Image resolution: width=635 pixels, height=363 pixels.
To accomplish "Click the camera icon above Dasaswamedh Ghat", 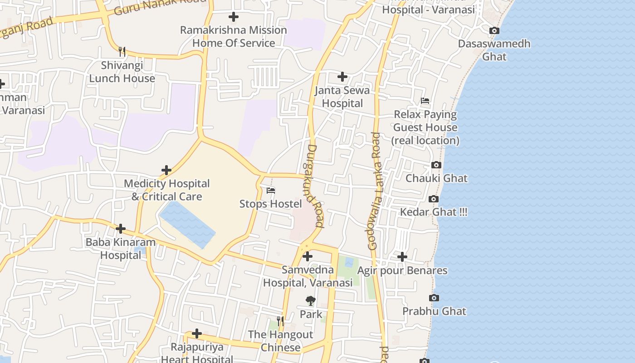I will [x=494, y=31].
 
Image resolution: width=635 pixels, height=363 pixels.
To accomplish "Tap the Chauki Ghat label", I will [x=436, y=178].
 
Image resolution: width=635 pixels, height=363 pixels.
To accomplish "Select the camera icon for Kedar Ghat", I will [x=433, y=199].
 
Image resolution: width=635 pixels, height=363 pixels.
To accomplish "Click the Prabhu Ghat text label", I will [x=434, y=311].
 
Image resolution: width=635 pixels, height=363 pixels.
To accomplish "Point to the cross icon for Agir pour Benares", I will [x=402, y=257].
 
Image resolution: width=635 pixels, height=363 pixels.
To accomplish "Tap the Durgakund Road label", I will [x=314, y=186].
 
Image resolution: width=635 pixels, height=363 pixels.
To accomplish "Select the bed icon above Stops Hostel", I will [x=271, y=191].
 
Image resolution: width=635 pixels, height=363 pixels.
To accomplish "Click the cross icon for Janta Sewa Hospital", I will [x=342, y=77].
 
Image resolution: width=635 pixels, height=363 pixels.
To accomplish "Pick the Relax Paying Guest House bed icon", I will [x=425, y=101].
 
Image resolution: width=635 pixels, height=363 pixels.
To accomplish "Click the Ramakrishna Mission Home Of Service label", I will [x=234, y=36].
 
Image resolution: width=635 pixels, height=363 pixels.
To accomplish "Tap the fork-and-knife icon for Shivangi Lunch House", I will [x=122, y=51].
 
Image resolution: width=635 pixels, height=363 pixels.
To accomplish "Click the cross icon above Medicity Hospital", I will [x=166, y=170].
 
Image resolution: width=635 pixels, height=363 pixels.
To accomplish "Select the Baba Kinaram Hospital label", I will [x=121, y=248].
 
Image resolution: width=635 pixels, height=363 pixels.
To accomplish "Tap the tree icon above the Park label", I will [x=311, y=300].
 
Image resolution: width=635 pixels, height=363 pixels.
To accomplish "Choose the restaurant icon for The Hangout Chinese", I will [x=280, y=321].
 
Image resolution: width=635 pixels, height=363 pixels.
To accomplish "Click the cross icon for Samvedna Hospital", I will [x=308, y=256].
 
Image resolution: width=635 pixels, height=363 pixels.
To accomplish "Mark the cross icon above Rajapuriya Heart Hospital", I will [x=197, y=334].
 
